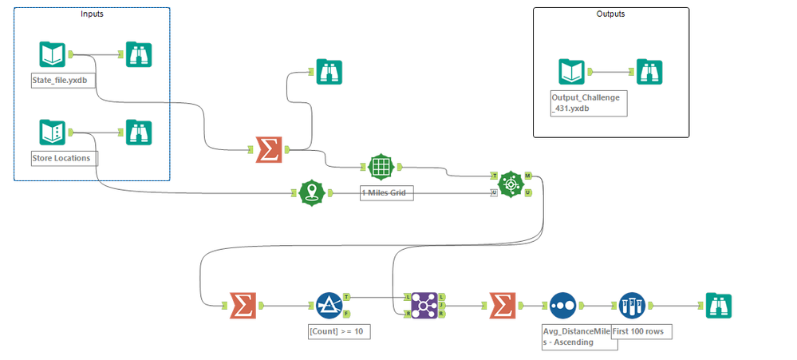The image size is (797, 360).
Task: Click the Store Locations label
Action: point(61,157)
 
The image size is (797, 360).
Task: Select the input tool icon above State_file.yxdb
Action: point(53,54)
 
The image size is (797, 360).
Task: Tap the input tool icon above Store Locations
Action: point(53,131)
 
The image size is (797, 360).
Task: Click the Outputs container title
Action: point(610,14)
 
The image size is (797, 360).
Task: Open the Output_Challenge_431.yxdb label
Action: point(588,103)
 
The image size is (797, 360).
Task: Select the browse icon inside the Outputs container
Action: point(650,71)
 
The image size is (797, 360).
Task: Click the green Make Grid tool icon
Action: point(381,167)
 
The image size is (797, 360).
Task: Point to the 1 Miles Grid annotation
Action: point(387,193)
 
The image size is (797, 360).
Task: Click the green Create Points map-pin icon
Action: point(312,193)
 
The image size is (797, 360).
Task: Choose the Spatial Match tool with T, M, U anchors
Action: point(510,184)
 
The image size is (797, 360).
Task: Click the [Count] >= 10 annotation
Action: point(339,330)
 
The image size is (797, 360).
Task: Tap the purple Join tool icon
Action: point(424,304)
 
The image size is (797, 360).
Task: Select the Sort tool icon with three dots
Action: point(562,304)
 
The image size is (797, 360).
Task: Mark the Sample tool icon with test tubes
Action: point(631,304)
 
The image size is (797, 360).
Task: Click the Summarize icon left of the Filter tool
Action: point(240,304)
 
